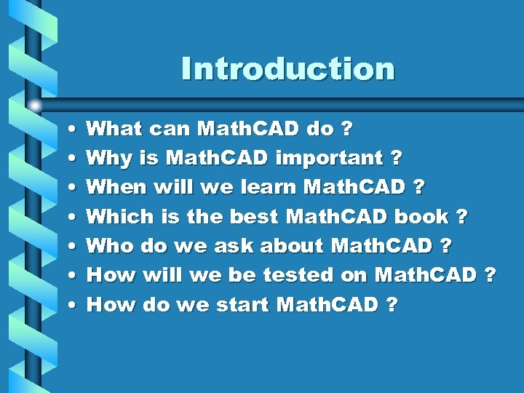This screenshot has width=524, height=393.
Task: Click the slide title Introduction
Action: click(x=288, y=69)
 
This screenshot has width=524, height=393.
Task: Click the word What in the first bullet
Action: click(x=114, y=129)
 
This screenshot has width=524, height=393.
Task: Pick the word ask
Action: click(x=231, y=245)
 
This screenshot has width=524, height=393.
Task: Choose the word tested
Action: click(x=299, y=274)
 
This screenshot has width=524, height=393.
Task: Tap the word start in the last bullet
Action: click(x=243, y=303)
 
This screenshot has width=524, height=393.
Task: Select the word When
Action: click(x=116, y=187)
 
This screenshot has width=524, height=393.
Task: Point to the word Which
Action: click(x=120, y=216)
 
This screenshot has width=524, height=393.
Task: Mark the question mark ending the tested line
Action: click(x=490, y=274)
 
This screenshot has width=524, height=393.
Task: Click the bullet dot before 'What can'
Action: click(x=68, y=130)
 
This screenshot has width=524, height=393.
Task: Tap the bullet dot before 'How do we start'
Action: click(x=68, y=304)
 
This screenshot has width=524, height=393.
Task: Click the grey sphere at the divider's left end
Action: click(x=36, y=105)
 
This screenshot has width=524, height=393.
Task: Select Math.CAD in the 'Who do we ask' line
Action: click(x=381, y=245)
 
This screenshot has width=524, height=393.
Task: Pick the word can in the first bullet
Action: click(x=170, y=129)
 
